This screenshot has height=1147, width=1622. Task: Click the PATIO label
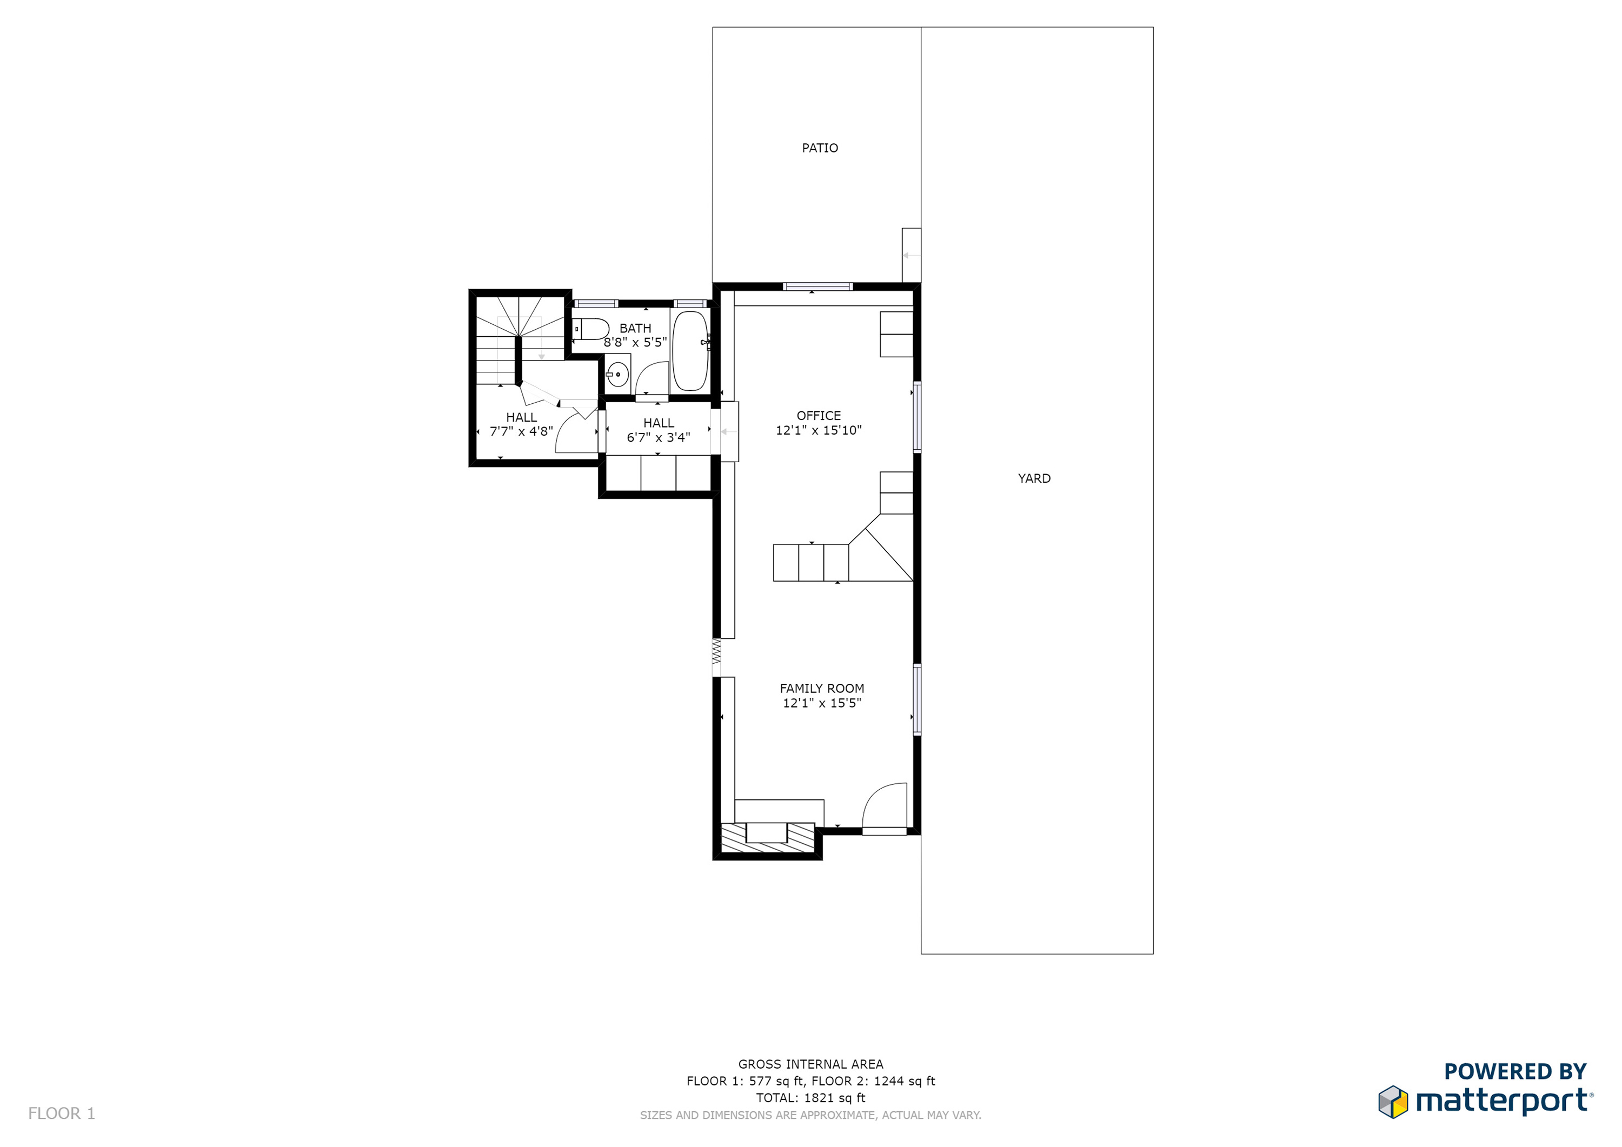tap(820, 148)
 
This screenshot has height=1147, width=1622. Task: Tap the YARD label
tap(1034, 478)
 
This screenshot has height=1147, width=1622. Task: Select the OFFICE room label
tap(819, 415)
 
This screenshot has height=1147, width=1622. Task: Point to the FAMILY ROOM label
tap(822, 688)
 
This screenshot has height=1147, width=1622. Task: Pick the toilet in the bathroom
tap(590, 329)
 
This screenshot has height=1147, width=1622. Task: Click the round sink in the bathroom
tap(617, 375)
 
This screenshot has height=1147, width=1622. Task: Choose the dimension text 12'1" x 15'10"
tap(819, 430)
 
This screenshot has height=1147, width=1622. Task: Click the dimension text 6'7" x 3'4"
tap(659, 437)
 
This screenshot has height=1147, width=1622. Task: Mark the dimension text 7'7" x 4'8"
tap(521, 431)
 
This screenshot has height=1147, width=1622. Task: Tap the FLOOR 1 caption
tap(62, 1113)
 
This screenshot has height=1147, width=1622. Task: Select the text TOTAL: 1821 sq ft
tap(810, 1098)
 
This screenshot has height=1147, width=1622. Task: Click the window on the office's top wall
tap(817, 286)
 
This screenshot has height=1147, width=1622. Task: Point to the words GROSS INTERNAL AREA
tap(810, 1064)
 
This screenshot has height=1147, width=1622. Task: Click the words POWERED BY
tap(1515, 1071)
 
